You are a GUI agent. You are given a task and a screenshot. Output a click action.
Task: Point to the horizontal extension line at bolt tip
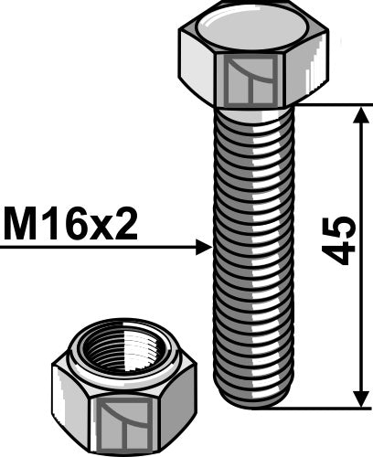(x=329, y=409)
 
